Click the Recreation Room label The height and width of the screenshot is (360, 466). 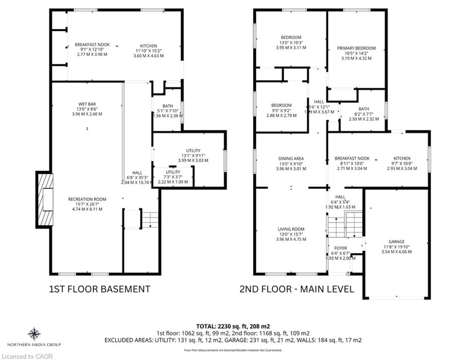(x=87, y=199)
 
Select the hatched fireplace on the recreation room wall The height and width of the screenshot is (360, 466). (x=45, y=199)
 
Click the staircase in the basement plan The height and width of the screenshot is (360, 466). (x=150, y=219)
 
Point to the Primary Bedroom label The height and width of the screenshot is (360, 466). (x=356, y=48)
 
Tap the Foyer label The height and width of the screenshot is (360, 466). (x=340, y=248)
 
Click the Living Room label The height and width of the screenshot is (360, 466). (x=291, y=229)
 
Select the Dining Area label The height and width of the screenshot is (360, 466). (x=291, y=159)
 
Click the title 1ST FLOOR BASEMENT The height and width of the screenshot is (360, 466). (x=100, y=289)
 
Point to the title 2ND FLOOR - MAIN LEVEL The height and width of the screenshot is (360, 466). (x=296, y=289)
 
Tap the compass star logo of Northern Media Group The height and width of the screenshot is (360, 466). (x=34, y=334)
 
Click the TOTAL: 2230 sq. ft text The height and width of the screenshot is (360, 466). (x=233, y=326)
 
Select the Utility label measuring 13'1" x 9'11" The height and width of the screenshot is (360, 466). (x=193, y=150)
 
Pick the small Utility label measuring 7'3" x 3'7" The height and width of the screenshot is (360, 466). (x=173, y=172)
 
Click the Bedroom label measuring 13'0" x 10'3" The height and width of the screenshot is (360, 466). (x=291, y=37)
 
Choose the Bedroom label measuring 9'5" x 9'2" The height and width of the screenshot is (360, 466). (x=281, y=105)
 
